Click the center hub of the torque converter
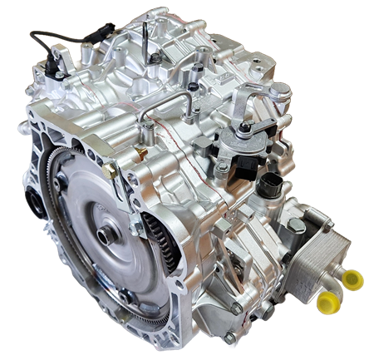click(106, 235)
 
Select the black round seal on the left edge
click(33, 200)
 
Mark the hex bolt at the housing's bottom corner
click(229, 337)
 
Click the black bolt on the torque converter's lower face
click(125, 295)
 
